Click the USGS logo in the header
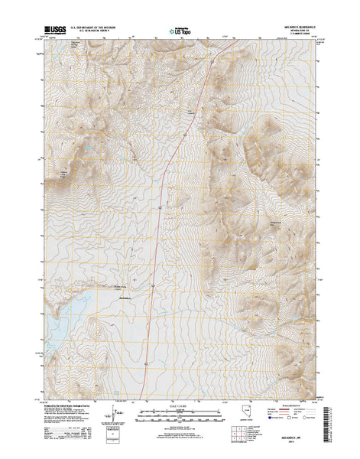[x=58, y=31]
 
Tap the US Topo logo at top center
[x=180, y=32]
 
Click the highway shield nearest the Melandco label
[x=153, y=286]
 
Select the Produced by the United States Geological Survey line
[x=76, y=398]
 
